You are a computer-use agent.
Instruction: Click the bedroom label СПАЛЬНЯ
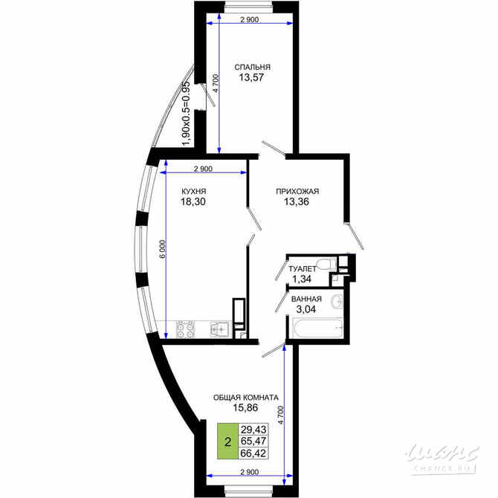pos(252,68)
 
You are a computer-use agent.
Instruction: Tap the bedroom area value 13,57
pos(251,77)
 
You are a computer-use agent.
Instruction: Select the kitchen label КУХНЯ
pos(194,192)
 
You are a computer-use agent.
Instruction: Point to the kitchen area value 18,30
pos(193,201)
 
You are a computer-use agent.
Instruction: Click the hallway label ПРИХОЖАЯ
pos(297,192)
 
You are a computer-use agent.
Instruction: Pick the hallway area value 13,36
pos(297,201)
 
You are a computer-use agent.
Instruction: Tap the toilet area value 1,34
pos(302,279)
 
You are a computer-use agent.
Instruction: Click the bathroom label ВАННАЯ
pos(306,300)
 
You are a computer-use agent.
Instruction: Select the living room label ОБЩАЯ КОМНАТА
pos(246,398)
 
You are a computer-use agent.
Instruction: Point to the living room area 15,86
pos(245,407)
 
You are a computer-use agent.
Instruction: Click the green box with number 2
pos(227,442)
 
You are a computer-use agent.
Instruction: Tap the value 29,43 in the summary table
pos(253,430)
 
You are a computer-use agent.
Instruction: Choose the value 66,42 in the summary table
pos(253,453)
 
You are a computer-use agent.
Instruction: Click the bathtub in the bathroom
pos(318,329)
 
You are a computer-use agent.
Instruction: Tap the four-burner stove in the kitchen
pos(186,330)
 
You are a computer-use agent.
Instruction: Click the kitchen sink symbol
pos(220,330)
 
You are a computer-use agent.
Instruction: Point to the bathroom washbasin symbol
pos(337,300)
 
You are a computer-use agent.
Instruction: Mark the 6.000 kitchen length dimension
pos(163,249)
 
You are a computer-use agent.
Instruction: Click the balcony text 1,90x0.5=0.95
pos(186,114)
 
